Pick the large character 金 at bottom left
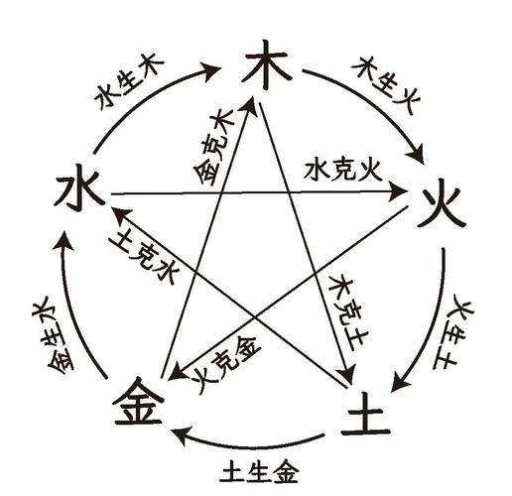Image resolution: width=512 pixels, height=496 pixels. (138, 401)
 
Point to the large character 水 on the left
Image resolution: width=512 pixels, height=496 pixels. (80, 191)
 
